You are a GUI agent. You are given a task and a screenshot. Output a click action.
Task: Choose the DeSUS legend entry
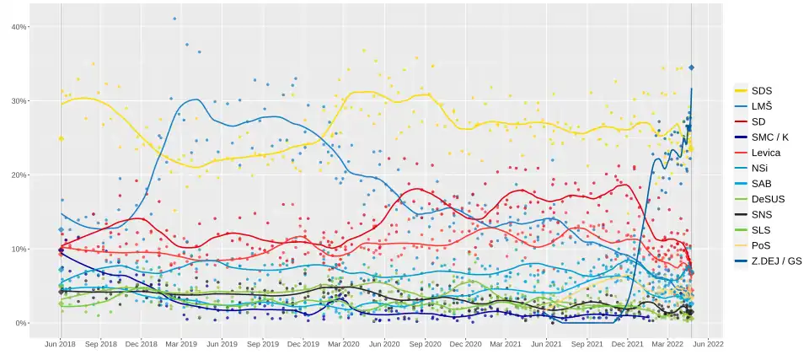768,199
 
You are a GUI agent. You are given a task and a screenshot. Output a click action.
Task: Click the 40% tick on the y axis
19,27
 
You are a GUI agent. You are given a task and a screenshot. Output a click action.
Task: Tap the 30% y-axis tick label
19,101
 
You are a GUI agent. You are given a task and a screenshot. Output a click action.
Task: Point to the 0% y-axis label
22,323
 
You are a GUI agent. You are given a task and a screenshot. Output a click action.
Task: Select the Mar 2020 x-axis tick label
344,344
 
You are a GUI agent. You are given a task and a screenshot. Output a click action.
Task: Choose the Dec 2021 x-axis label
627,344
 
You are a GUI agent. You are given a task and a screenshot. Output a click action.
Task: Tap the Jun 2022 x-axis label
708,344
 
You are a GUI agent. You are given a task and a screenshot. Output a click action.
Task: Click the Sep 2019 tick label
263,344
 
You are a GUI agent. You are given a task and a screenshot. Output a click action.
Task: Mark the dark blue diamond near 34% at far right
692,67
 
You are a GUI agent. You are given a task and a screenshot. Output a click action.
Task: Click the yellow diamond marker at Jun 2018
61,138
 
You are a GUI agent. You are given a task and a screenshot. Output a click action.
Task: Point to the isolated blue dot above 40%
174,19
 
